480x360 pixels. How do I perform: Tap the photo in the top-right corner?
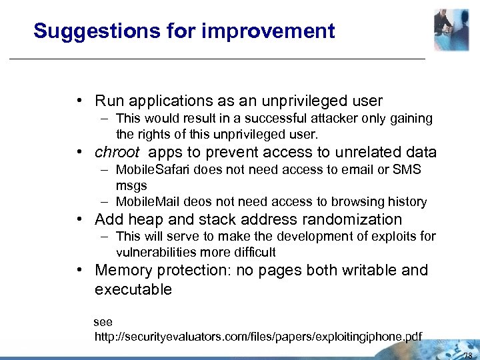tap(451, 30)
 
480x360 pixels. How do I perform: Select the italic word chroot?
tap(117, 152)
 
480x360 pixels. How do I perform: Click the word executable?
tap(133, 289)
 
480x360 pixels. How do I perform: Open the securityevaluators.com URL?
tap(258, 335)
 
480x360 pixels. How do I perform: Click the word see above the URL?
tap(103, 322)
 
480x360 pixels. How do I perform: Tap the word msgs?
tap(131, 185)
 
